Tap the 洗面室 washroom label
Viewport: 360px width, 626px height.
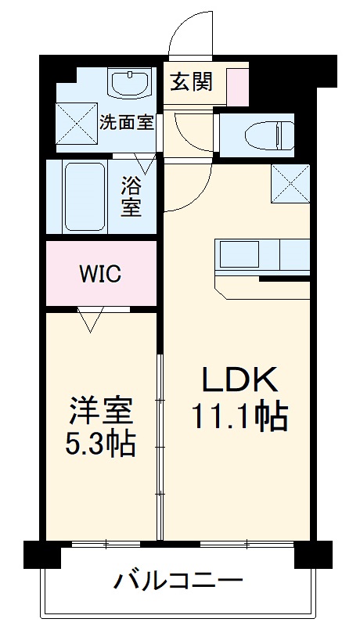pos(125,123)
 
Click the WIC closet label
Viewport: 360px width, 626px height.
pos(99,274)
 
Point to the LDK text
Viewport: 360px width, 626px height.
pos(239,380)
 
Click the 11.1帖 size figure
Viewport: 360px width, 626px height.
pos(240,416)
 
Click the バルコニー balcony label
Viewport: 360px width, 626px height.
pos(178,581)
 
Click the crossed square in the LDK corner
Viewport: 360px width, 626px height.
pos(290,184)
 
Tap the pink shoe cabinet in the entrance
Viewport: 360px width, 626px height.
pos(237,86)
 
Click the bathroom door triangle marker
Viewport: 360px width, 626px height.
pos(144,163)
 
